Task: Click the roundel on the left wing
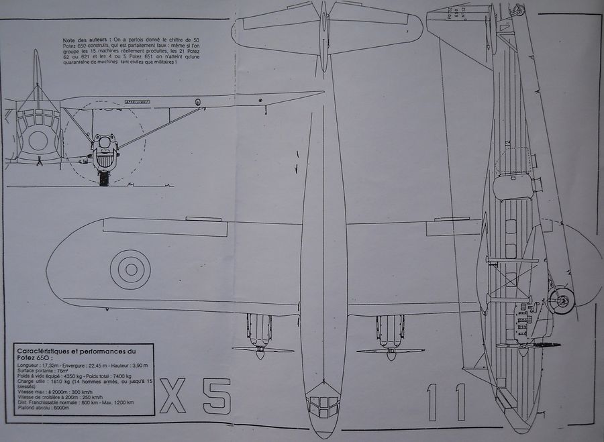126,269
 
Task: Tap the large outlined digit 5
216,397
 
